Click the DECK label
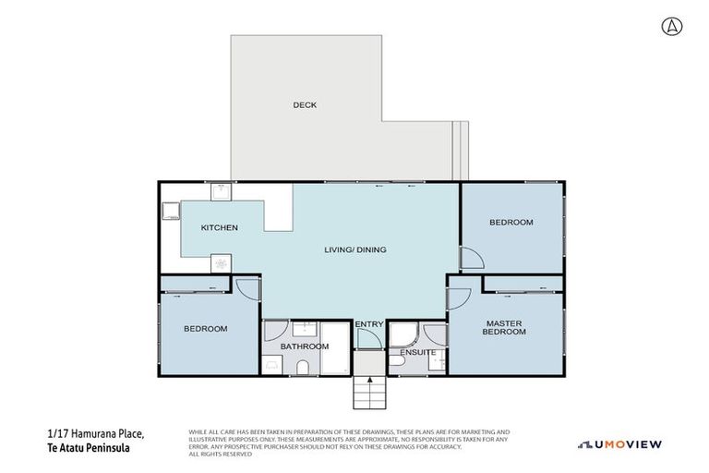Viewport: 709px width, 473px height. click(x=305, y=105)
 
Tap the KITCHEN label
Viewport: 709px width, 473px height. click(x=220, y=228)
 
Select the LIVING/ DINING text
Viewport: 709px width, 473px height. click(x=354, y=249)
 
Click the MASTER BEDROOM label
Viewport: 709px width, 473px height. click(x=504, y=328)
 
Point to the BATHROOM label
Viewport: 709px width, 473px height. click(x=305, y=346)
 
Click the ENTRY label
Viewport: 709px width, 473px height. click(x=368, y=324)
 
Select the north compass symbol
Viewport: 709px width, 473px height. click(x=671, y=27)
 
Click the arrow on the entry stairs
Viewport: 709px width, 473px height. click(x=369, y=383)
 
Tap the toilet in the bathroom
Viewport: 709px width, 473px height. click(x=303, y=369)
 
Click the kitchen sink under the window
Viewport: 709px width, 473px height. click(x=222, y=192)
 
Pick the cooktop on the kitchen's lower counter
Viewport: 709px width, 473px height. click(x=222, y=264)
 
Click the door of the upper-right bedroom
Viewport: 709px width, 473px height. click(x=471, y=260)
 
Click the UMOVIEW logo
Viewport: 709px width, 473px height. click(x=619, y=444)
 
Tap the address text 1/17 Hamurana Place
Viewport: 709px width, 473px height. click(x=95, y=433)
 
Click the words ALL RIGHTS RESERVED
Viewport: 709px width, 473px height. click(x=220, y=454)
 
